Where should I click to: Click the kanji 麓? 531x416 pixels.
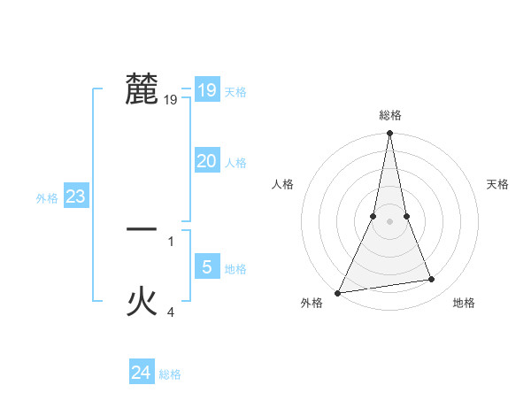142,89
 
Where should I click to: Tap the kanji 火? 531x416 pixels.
142,302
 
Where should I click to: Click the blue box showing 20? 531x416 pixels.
206,160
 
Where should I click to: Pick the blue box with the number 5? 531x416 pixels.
206,266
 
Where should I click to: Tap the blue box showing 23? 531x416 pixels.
75,196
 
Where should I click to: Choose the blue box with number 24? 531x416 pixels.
141,373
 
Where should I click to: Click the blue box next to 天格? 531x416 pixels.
206,89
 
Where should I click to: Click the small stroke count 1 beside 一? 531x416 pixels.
171,241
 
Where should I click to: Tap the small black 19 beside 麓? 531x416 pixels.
171,100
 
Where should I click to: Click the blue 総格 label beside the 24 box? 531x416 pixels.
170,374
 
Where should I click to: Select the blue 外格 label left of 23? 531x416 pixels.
47,198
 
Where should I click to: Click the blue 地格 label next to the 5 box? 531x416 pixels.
235,269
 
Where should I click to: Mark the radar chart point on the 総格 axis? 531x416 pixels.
389,134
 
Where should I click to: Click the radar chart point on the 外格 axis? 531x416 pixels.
337,292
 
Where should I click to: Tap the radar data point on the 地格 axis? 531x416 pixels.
432,280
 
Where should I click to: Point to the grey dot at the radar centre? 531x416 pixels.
389,221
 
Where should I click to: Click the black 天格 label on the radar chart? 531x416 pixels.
498,184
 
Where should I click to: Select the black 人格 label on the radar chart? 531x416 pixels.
282,184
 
